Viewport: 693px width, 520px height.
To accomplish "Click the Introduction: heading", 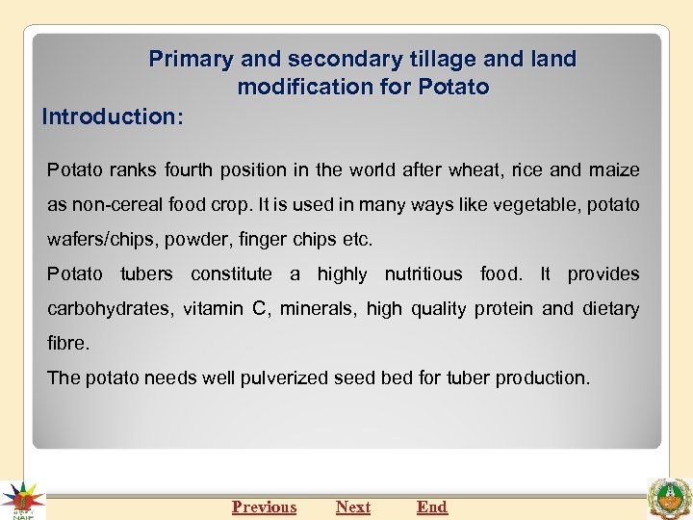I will click(x=114, y=117).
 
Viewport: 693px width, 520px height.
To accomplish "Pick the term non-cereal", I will click(x=110, y=205).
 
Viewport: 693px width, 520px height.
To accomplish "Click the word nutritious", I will click(x=423, y=274).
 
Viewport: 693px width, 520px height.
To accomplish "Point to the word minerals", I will click(x=314, y=309).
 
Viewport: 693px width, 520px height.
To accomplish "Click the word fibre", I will click(x=66, y=344).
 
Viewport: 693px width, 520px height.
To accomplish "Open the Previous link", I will click(x=264, y=507).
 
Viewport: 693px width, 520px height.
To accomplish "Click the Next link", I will click(x=352, y=507).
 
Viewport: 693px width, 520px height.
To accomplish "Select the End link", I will click(x=432, y=507).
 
